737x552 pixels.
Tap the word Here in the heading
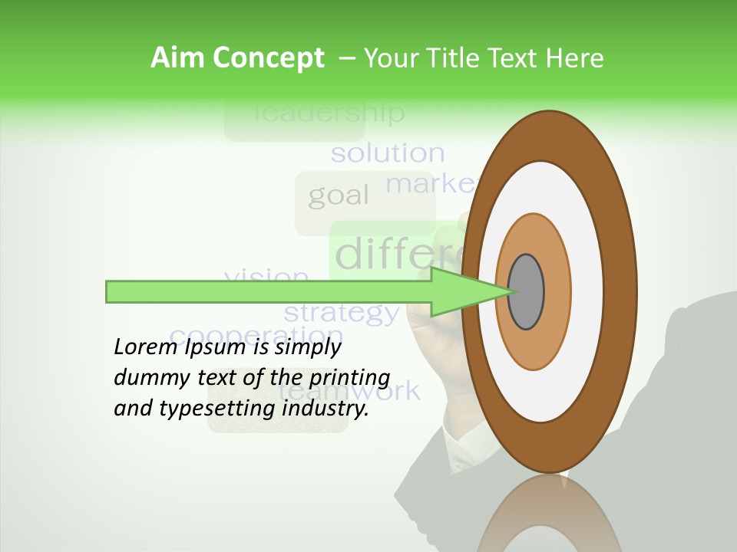pyautogui.click(x=575, y=58)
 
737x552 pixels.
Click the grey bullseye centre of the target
pyautogui.click(x=526, y=291)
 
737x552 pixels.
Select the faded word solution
pyautogui.click(x=388, y=153)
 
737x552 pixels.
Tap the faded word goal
pyautogui.click(x=339, y=196)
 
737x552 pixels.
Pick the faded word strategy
pyautogui.click(x=342, y=313)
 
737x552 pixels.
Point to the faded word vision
pyautogui.click(x=266, y=275)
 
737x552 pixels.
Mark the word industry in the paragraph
pyautogui.click(x=326, y=409)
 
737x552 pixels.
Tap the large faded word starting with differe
pyautogui.click(x=399, y=254)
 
